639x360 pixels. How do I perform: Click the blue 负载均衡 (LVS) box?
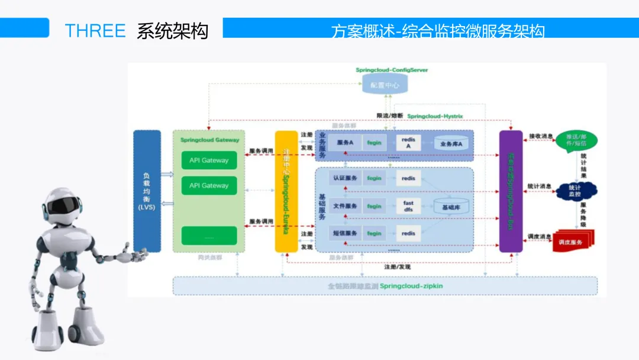point(147,191)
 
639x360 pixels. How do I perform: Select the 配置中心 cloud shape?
point(385,85)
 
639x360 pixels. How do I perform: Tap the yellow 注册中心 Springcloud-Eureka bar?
point(286,191)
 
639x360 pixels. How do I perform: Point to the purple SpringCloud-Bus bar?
point(511,191)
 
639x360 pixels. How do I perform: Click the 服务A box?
point(345,143)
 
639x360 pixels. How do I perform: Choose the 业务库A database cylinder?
point(451,144)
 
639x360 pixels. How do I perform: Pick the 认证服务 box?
point(345,178)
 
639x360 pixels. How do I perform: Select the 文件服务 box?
point(345,206)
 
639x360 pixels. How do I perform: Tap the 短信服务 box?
point(345,233)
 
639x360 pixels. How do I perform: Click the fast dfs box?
point(408,206)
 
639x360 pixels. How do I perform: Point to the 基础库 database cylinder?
point(451,207)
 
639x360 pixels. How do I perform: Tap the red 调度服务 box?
point(572,242)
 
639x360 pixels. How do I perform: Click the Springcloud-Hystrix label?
point(435,116)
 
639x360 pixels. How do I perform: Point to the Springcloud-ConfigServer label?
point(392,70)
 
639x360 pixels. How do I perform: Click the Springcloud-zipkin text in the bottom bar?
point(411,286)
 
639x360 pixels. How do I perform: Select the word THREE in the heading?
point(95,31)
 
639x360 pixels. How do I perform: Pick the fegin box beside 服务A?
point(374,143)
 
